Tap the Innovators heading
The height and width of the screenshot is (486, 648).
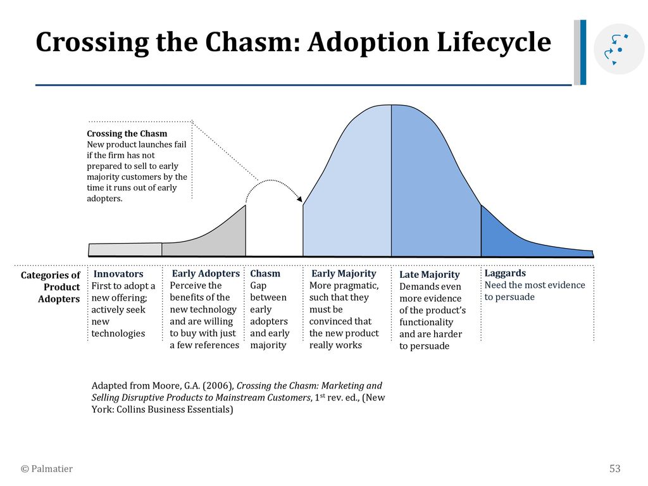point(118,274)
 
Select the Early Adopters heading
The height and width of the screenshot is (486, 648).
point(206,273)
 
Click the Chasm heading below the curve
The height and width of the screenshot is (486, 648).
point(265,273)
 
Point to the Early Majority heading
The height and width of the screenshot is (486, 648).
point(344,273)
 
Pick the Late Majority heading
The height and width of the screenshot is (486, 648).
point(429,275)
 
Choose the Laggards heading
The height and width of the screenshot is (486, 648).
point(505,273)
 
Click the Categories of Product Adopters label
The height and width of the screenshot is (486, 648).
point(51,287)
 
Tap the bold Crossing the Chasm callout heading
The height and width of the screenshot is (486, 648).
point(127,134)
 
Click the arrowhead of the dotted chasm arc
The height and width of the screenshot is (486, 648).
point(299,199)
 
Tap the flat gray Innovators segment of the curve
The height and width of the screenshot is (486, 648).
point(125,249)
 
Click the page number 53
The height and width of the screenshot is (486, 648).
point(614,469)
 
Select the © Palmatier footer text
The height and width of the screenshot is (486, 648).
point(47,469)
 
